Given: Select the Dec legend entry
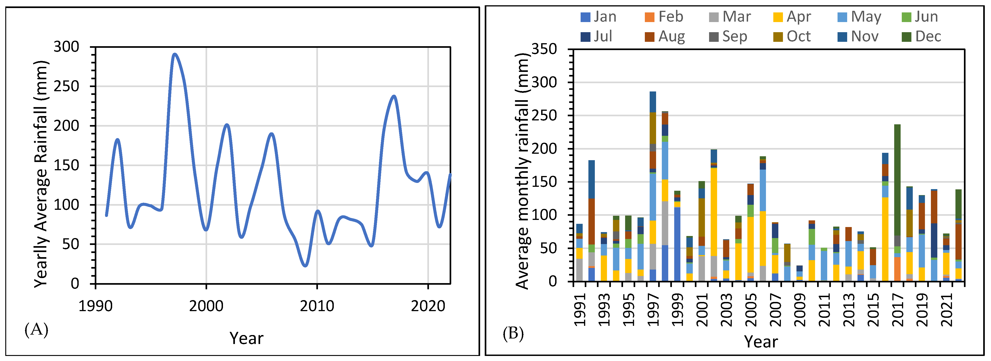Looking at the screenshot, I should (x=921, y=37).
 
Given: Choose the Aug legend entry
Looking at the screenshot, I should (x=665, y=37).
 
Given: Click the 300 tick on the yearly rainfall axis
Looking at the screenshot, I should (x=66, y=47).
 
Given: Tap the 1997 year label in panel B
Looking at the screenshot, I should (x=653, y=309).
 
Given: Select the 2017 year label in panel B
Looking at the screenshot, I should (x=897, y=309).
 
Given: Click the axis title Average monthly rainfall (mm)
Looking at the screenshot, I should (x=522, y=171).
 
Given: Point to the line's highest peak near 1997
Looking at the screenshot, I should (x=175, y=54).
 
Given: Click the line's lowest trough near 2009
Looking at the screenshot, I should (x=305, y=265).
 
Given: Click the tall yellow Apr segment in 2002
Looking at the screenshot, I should (x=714, y=212).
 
